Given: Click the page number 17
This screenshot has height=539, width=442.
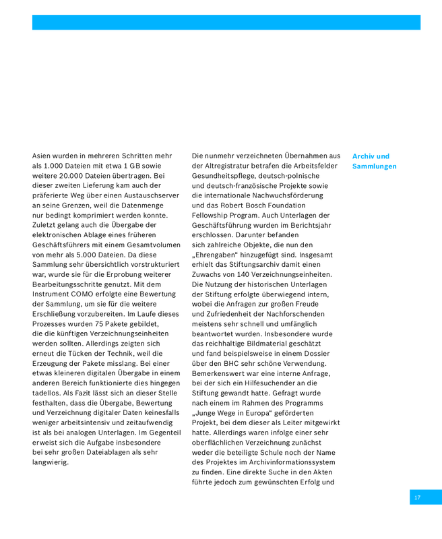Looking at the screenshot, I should tap(417, 497).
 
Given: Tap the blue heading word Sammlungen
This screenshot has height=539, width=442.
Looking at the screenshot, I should tap(374, 166).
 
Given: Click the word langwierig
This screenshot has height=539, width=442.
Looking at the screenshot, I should tap(51, 462).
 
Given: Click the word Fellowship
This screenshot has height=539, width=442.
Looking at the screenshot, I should tap(214, 215).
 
